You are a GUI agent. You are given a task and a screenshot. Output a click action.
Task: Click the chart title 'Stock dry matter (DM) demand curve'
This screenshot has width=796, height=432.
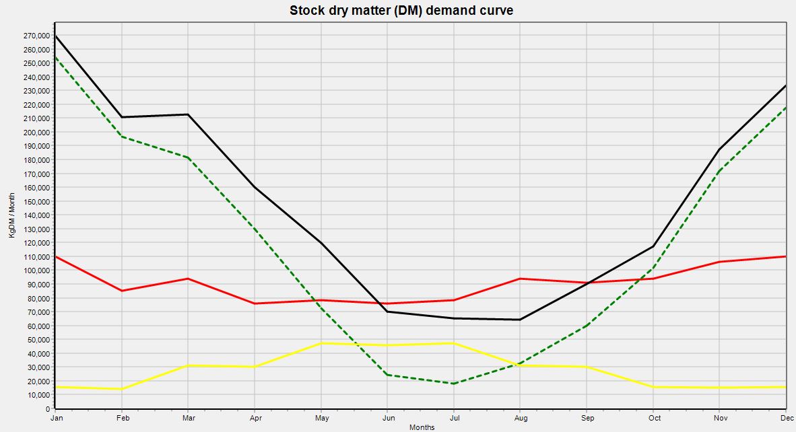401,10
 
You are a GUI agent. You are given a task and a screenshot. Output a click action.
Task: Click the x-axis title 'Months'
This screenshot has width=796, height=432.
421,427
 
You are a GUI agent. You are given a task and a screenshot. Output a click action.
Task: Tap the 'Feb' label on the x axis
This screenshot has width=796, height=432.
122,418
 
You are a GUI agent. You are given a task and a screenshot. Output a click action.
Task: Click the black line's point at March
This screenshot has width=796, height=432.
189,114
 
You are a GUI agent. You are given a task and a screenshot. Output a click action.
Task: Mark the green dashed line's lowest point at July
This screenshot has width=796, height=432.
454,384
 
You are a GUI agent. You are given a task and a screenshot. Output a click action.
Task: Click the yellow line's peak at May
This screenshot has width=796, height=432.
321,343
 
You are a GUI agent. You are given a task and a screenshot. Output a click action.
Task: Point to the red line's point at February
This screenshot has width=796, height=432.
122,291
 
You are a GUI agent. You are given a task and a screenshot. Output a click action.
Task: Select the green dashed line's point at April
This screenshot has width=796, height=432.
255,229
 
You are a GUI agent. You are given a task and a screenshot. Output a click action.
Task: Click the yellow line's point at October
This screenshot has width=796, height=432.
653,387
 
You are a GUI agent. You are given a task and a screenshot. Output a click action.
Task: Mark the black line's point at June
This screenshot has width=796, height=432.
387,312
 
